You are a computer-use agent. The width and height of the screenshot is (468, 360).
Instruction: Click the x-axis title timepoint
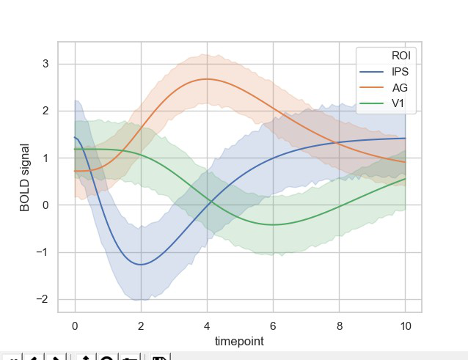(239, 342)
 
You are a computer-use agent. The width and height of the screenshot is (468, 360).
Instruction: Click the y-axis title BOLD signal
(25, 177)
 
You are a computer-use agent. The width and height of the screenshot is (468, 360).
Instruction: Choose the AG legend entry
(400, 87)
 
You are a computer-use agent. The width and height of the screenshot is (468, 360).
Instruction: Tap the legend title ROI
(401, 55)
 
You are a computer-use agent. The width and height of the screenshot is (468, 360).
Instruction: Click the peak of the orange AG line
(207, 78)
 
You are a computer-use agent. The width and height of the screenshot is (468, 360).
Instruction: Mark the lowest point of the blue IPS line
(140, 265)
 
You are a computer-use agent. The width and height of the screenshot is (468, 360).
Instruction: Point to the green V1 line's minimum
(273, 224)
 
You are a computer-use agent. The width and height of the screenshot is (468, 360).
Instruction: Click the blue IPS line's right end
(405, 138)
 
